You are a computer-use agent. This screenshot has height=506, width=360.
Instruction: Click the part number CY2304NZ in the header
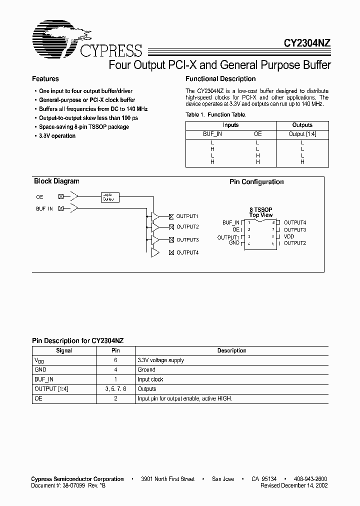tap(304, 44)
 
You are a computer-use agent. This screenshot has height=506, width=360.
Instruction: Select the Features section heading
tap(45, 79)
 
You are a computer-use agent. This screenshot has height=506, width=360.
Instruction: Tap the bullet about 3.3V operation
tap(57, 136)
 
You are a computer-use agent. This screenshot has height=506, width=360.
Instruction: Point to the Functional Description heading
tap(220, 79)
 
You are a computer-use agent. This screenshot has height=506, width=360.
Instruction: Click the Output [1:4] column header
tap(302, 134)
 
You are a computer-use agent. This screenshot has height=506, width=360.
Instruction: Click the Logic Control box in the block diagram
tap(108, 197)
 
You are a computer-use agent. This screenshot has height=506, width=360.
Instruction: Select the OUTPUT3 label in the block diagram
tap(187, 240)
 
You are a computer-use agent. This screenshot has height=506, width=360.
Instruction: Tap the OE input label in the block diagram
tap(39, 197)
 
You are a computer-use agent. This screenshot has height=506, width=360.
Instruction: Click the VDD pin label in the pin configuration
tap(288, 236)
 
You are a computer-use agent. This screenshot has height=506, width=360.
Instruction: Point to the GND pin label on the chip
tap(234, 243)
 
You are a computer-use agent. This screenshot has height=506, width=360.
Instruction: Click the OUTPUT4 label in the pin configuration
tap(294, 222)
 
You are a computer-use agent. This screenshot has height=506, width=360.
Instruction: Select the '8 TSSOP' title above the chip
tap(260, 209)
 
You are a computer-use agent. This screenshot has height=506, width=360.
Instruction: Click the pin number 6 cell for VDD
tap(115, 360)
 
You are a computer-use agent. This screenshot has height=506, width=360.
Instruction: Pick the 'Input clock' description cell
tap(150, 379)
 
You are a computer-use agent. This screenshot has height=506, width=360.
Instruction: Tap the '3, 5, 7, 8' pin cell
tap(115, 389)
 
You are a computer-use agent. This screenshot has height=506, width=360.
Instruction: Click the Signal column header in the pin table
tap(64, 350)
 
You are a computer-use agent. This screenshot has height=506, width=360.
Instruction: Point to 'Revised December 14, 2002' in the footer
tap(294, 485)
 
